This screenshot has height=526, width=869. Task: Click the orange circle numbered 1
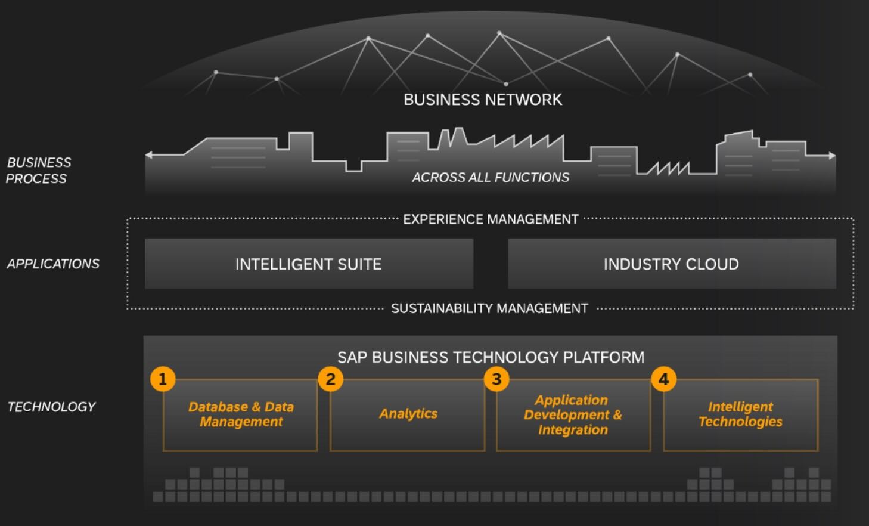162,379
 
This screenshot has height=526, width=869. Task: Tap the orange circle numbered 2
330,379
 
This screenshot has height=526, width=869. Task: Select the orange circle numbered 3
496,379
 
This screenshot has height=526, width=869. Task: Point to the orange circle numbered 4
663,379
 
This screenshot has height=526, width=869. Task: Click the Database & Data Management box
240,414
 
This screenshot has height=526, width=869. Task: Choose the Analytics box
408,414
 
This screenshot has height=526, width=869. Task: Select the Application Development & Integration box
573,414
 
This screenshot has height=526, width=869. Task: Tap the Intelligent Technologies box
740,414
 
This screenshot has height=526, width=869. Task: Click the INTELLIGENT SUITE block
309,264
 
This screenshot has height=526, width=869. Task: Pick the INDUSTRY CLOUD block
671,264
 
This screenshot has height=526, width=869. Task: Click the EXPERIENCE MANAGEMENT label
491,219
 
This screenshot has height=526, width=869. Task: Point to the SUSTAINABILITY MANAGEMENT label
489,308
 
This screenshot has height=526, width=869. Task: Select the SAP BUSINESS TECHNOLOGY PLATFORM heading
491,357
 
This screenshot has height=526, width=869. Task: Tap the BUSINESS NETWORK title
483,100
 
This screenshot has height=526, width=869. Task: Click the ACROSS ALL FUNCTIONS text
491,177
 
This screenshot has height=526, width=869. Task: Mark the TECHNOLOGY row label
51,407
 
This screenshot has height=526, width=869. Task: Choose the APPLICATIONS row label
53,264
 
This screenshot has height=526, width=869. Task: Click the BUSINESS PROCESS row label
38,171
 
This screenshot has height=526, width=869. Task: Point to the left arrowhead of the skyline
149,155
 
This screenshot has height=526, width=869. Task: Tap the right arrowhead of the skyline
832,156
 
